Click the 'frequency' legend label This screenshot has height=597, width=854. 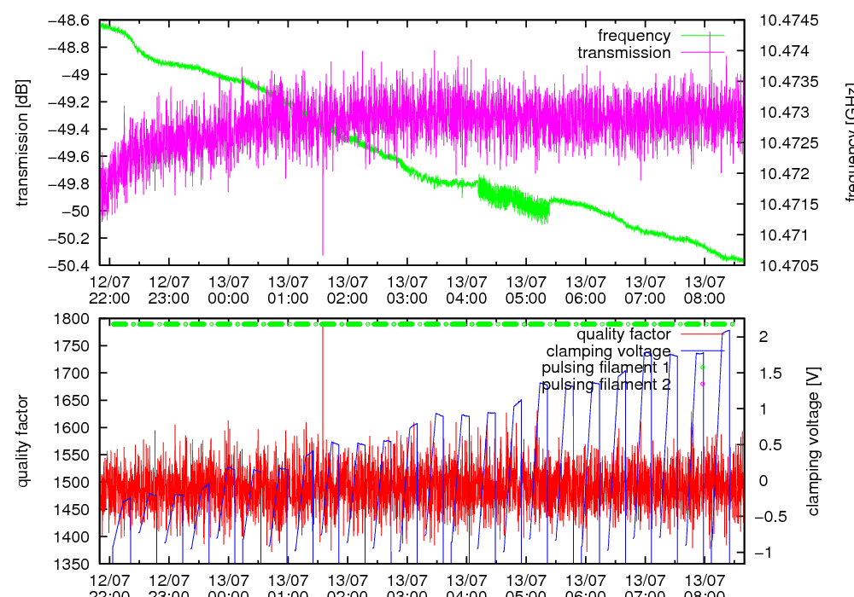(634, 36)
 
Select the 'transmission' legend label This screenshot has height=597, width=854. (623, 53)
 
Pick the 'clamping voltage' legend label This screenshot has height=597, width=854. (608, 351)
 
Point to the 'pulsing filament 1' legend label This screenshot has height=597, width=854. (605, 368)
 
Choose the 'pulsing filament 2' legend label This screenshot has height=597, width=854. (605, 385)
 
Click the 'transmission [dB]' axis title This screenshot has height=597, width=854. (22, 142)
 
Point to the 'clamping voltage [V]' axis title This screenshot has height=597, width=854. (813, 441)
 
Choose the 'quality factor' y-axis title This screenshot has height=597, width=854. (22, 441)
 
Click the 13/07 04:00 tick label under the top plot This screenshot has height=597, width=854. (466, 290)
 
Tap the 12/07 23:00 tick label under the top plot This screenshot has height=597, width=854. (169, 290)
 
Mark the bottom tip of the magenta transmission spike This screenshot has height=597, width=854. (323, 254)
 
